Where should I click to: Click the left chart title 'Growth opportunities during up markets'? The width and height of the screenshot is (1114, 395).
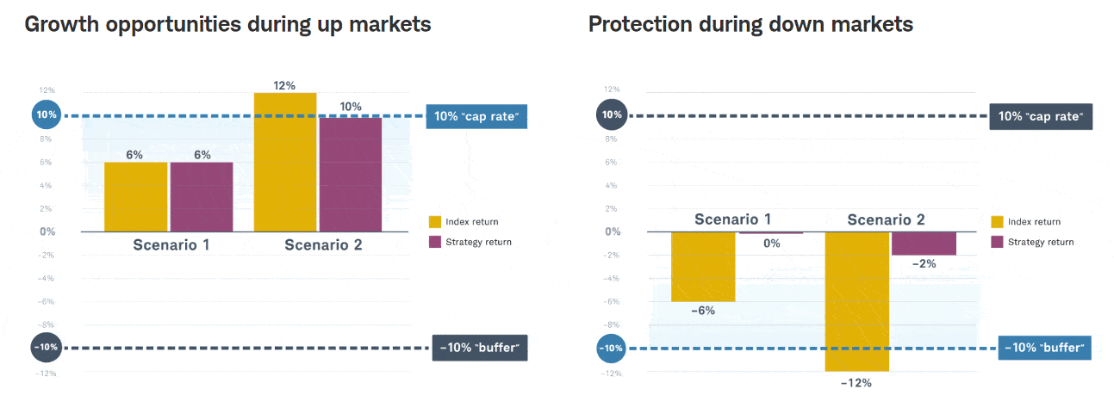227,24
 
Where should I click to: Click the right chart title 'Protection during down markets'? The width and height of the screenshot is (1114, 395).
750,24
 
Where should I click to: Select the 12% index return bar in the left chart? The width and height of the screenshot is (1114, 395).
285,162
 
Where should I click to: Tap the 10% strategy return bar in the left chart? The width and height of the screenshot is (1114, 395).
351,175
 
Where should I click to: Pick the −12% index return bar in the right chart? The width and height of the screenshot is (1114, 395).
856,301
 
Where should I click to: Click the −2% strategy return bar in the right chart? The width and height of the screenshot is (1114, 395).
924,244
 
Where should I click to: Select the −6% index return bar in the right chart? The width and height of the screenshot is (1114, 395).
703,267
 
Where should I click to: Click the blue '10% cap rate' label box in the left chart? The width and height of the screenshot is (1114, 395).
476,116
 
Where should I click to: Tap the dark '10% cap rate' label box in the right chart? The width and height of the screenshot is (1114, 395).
1041,116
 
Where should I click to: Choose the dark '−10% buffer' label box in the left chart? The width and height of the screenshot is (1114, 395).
478,349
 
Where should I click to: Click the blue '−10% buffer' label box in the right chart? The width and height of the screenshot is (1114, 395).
1044,349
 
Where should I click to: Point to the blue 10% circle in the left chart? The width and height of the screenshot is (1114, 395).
46,114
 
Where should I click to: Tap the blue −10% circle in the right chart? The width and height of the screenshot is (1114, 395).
611,349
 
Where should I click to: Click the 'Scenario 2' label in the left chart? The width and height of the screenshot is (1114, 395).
323,245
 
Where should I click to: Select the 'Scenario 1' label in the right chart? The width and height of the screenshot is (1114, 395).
732,219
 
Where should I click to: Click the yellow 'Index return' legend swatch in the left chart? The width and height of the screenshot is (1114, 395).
435,222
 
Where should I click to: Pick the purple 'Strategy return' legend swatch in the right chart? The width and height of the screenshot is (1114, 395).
998,242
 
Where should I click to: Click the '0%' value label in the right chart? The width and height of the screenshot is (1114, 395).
771,244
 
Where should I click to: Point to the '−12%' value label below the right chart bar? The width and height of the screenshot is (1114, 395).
856,383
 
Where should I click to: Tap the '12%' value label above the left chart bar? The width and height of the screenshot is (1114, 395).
285,85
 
